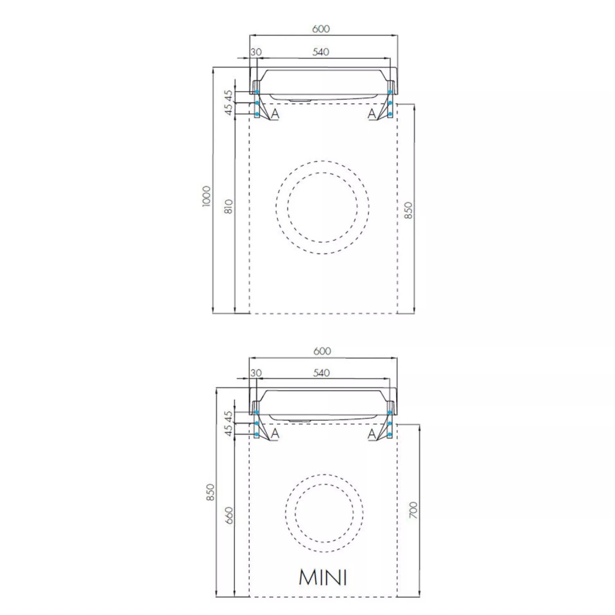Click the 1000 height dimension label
[206, 196]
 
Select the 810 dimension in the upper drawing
[229, 207]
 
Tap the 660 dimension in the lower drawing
[229, 515]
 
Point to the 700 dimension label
[413, 510]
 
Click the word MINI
[323, 577]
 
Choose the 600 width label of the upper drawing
[321, 29]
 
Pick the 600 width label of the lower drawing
[322, 351]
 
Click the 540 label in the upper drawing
[321, 52]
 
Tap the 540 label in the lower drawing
[321, 373]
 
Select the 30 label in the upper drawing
[256, 52]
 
